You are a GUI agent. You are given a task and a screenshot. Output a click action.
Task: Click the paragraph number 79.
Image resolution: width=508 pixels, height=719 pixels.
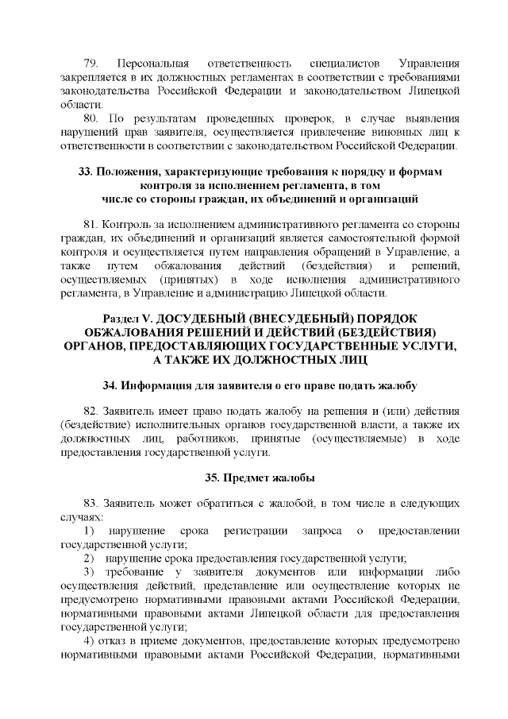tap(90, 62)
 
